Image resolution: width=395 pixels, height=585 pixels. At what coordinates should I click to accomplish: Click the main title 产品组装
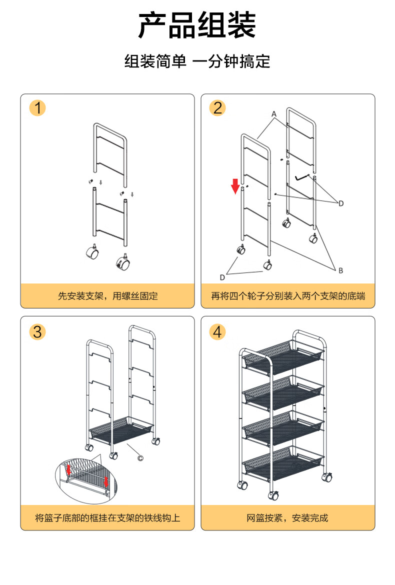pyautogui.click(x=197, y=25)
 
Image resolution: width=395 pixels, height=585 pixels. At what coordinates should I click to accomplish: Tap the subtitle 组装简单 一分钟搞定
pyautogui.click(x=197, y=61)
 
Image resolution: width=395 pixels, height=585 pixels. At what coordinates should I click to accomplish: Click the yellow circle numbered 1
pyautogui.click(x=37, y=108)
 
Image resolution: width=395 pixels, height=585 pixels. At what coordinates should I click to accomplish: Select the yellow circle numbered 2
pyautogui.click(x=217, y=108)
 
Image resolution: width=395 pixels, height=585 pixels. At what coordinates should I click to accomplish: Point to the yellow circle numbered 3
pyautogui.click(x=37, y=331)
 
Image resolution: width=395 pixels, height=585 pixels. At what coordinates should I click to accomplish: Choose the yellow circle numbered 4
pyautogui.click(x=217, y=331)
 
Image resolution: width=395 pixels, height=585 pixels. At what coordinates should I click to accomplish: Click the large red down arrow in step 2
pyautogui.click(x=235, y=186)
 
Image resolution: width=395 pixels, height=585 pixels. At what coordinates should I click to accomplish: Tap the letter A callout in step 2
pyautogui.click(x=274, y=114)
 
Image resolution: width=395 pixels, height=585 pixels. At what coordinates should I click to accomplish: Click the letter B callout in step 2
pyautogui.click(x=340, y=270)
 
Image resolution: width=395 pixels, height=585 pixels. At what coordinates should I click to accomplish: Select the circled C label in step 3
pyautogui.click(x=140, y=458)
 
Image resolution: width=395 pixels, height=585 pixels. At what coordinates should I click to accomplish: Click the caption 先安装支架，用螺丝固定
pyautogui.click(x=108, y=296)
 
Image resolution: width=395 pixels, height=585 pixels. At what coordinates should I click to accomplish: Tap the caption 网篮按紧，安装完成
pyautogui.click(x=287, y=518)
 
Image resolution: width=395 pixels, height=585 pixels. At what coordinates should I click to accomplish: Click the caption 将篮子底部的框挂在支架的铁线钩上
pyautogui.click(x=107, y=518)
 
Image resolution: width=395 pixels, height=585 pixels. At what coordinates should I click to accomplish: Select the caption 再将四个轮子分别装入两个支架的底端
pyautogui.click(x=288, y=296)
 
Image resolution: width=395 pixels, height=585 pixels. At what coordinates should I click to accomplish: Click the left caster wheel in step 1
pyautogui.click(x=92, y=252)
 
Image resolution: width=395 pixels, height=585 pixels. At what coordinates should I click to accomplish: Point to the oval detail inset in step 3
pyautogui.click(x=86, y=481)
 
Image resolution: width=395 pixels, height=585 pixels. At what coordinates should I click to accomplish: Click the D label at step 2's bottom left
pyautogui.click(x=222, y=277)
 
